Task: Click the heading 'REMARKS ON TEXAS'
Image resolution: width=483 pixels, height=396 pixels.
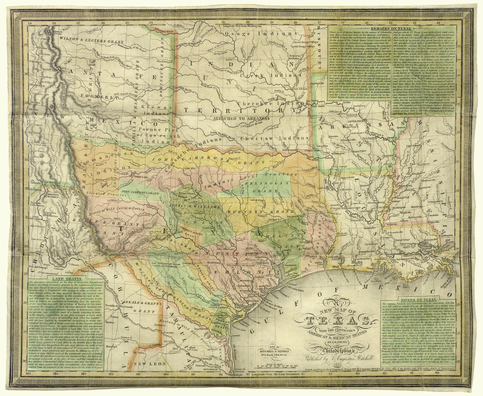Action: [392, 28]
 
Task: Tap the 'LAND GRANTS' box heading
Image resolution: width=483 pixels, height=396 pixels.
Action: [64, 279]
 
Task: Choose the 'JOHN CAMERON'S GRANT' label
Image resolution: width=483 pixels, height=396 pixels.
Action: [140, 192]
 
